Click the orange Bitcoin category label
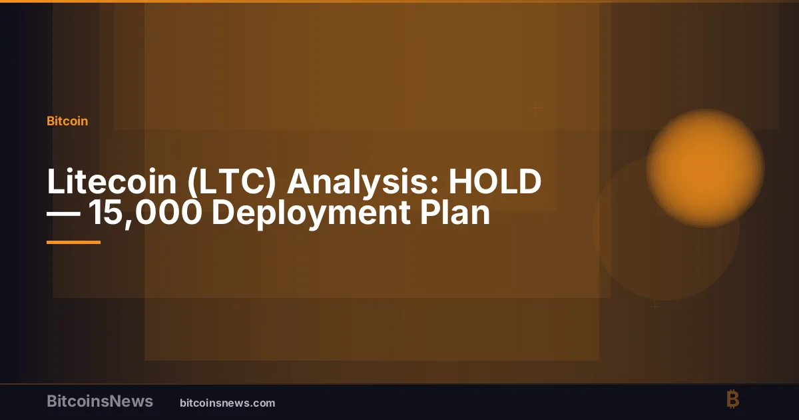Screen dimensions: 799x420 point(67,121)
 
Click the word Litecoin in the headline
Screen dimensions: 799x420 point(112,181)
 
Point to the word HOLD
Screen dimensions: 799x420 point(495,181)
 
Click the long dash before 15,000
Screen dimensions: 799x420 point(63,214)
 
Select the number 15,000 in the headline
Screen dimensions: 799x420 point(145,213)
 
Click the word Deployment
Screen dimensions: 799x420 point(311,213)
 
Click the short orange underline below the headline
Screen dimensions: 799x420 point(73,242)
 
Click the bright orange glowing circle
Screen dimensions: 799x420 point(705,168)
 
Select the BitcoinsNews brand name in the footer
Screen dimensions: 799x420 point(100,401)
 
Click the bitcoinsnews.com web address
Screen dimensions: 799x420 point(228,403)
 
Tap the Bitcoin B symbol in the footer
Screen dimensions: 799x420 point(733,399)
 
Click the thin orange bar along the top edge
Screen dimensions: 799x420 point(400,1)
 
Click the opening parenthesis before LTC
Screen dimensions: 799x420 point(192,183)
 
